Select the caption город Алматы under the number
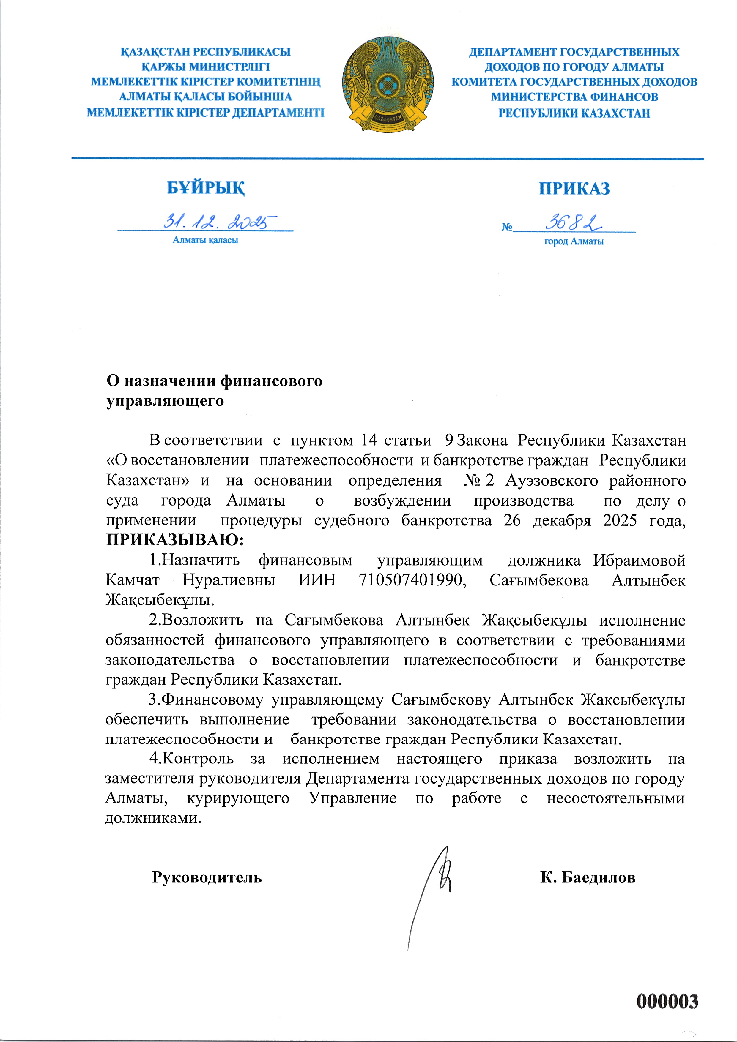click(x=574, y=241)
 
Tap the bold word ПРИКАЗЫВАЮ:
click(x=175, y=540)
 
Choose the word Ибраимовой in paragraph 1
click(x=639, y=561)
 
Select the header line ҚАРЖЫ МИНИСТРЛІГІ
click(x=205, y=67)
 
